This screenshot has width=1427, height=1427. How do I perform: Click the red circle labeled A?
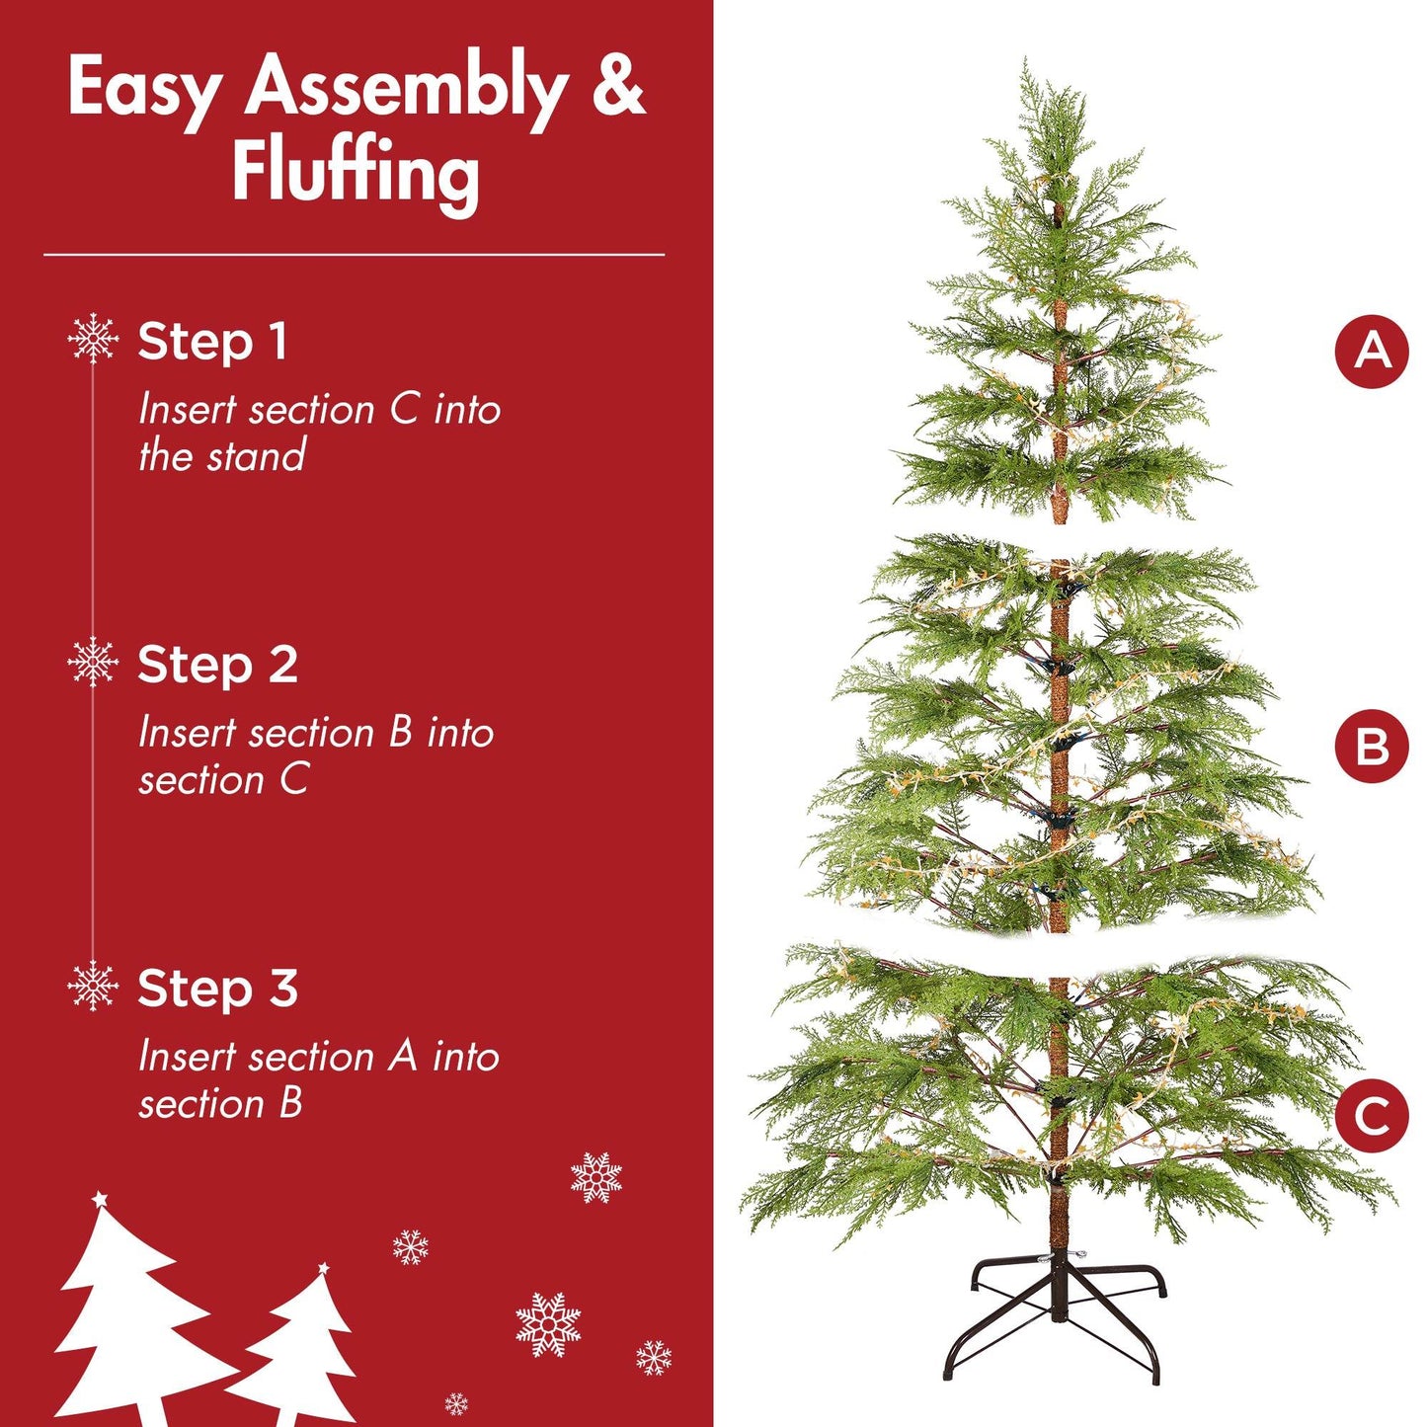coord(1372,351)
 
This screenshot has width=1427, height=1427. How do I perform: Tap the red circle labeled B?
coord(1372,747)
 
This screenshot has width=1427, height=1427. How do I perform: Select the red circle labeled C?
coord(1372,1116)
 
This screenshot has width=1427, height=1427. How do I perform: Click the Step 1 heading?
coord(212,342)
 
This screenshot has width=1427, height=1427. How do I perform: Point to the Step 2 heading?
coord(217,665)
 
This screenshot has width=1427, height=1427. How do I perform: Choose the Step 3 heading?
coord(217,988)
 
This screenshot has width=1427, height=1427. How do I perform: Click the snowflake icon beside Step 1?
coord(93,338)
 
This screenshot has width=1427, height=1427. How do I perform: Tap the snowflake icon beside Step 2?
coord(93,662)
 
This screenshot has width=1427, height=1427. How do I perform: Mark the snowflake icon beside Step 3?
coord(93,986)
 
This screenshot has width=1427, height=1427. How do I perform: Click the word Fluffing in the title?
coord(356,173)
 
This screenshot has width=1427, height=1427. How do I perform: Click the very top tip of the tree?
coord(1027,65)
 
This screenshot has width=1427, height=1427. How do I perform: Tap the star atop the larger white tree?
coord(99,1200)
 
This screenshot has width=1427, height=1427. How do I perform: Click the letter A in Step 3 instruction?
coord(402,1057)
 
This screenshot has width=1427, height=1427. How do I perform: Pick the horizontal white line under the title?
coord(354,255)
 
